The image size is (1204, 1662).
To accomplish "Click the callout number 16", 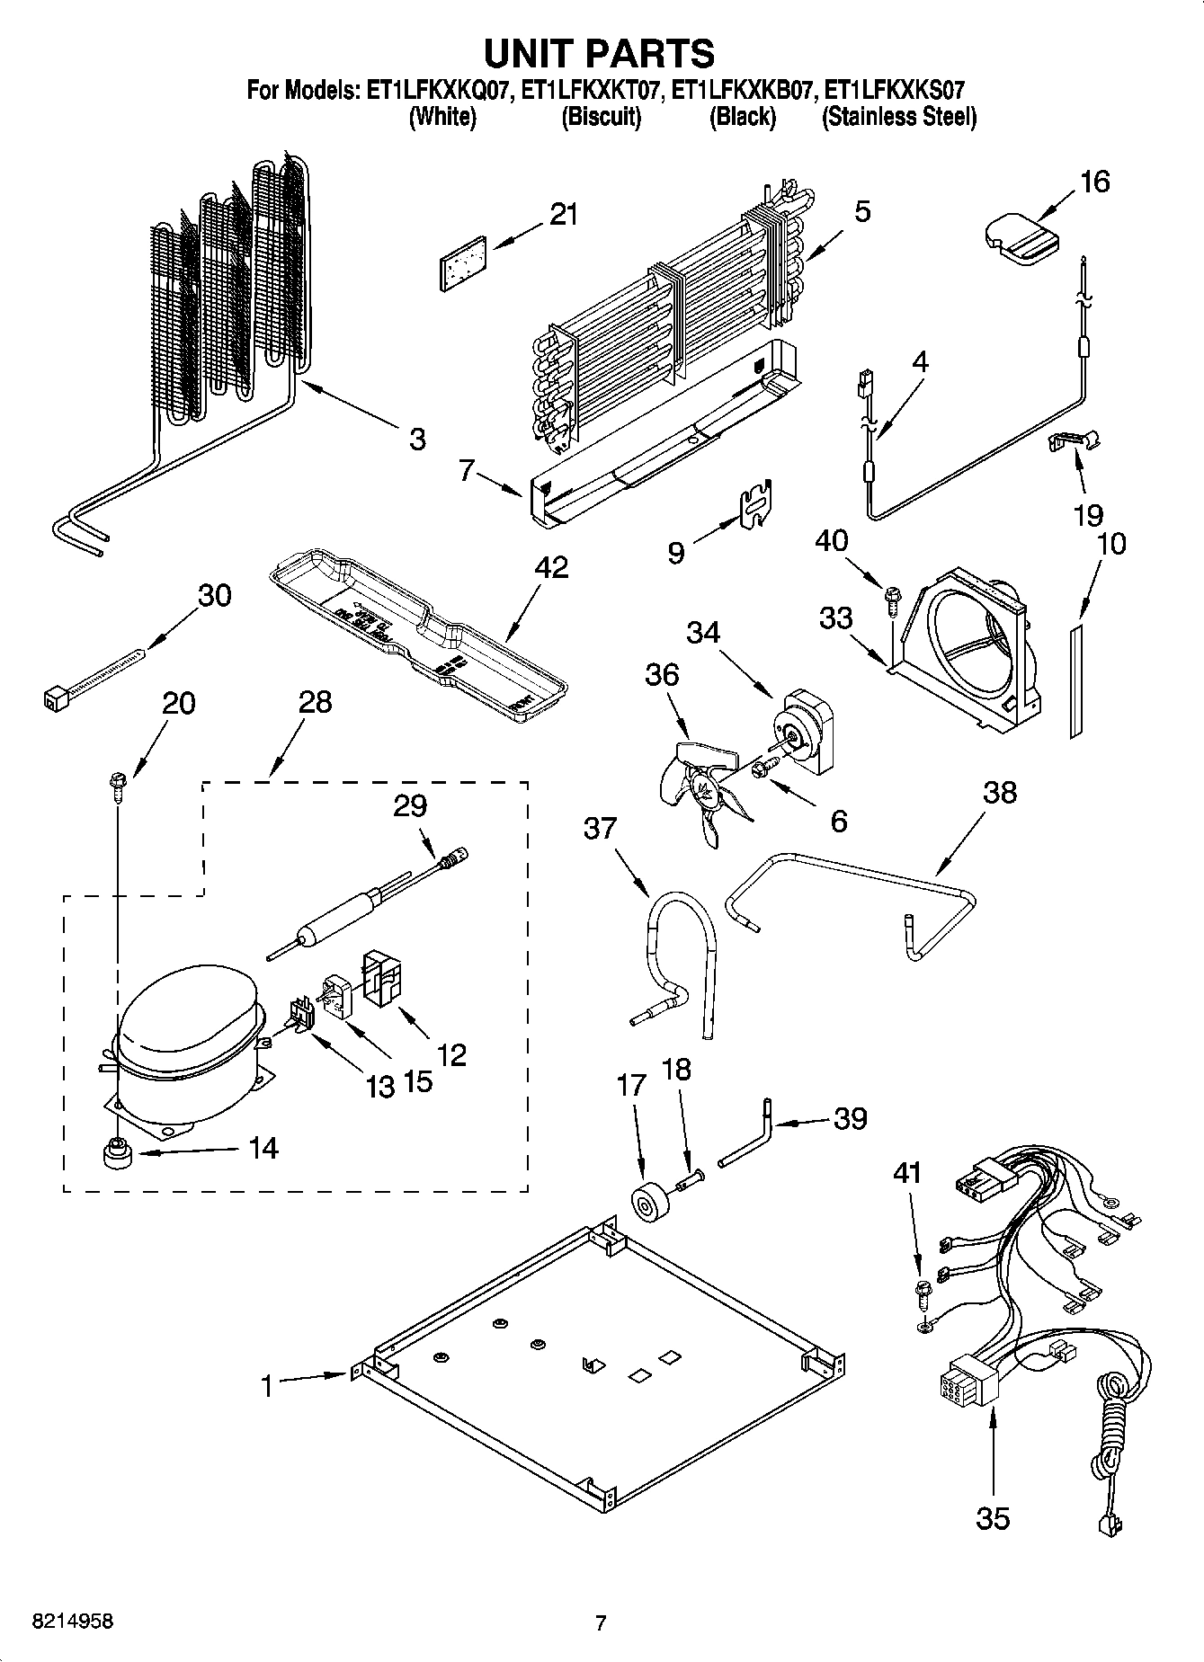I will [x=1094, y=182].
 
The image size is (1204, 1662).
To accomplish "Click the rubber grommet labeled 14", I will [x=115, y=1152].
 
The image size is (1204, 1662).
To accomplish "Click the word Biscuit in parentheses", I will [x=601, y=117].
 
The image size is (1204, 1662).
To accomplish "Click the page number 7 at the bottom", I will [x=601, y=1623].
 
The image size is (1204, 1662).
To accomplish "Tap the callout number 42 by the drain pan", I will [x=551, y=567].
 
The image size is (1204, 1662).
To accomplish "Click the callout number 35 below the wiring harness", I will [x=993, y=1518].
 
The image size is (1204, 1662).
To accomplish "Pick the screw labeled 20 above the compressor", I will [x=117, y=785].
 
